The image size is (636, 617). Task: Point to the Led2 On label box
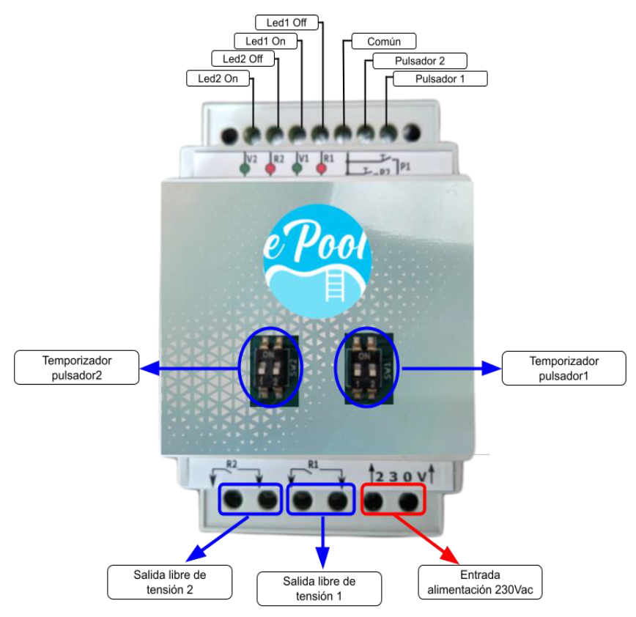click(212, 78)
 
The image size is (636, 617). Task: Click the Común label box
click(382, 42)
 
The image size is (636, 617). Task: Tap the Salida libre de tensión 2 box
click(169, 581)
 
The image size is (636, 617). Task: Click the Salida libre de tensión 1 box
click(319, 588)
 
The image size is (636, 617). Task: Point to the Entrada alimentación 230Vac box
click(480, 582)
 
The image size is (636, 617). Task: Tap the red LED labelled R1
click(320, 169)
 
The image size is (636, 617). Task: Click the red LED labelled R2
click(270, 169)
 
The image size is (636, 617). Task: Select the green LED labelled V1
click(297, 169)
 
